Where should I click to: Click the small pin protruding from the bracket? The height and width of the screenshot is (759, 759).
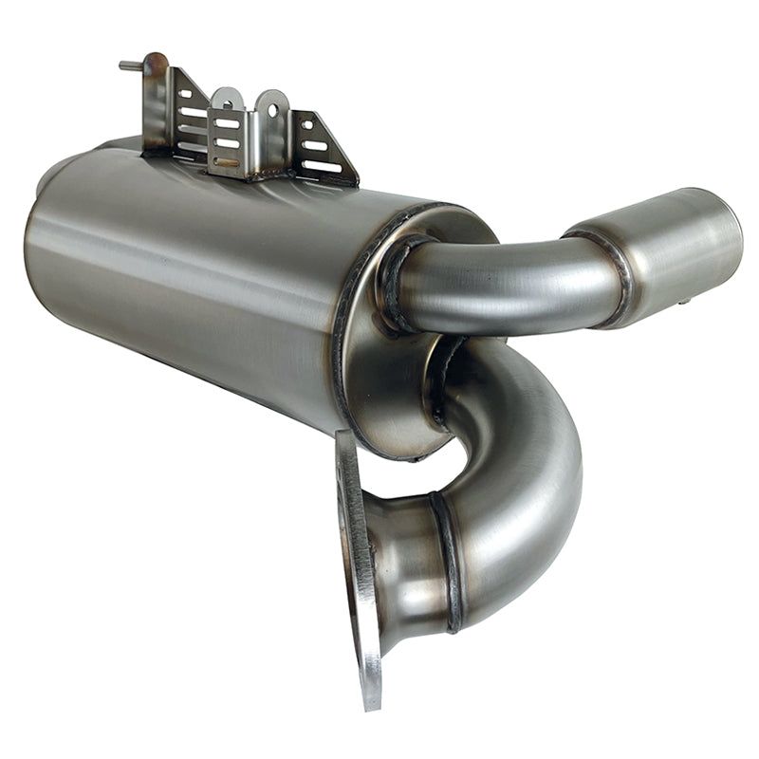pyautogui.click(x=129, y=65)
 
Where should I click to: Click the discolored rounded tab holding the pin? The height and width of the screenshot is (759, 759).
pyautogui.click(x=154, y=68)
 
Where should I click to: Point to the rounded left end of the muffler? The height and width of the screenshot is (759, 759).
pyautogui.click(x=43, y=237)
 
